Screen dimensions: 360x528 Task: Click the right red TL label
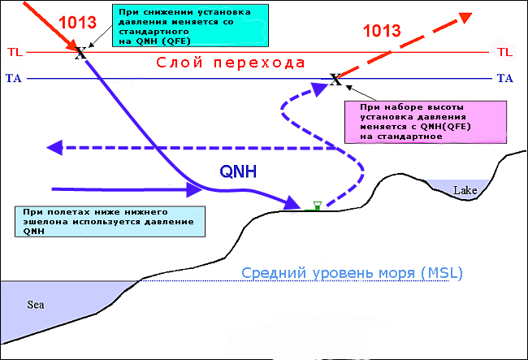coord(504,52)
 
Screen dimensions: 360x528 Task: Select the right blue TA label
coord(504,79)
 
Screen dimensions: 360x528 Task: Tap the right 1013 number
coord(381,31)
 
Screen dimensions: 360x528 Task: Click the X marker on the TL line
coord(80,54)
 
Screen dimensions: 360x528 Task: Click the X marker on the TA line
coord(335,80)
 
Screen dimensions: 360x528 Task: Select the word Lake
coord(465,191)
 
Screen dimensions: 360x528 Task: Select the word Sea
coord(36,306)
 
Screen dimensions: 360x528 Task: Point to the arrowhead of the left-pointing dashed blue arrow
coord(55,147)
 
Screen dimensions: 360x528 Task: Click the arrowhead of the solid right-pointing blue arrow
coord(196,189)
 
